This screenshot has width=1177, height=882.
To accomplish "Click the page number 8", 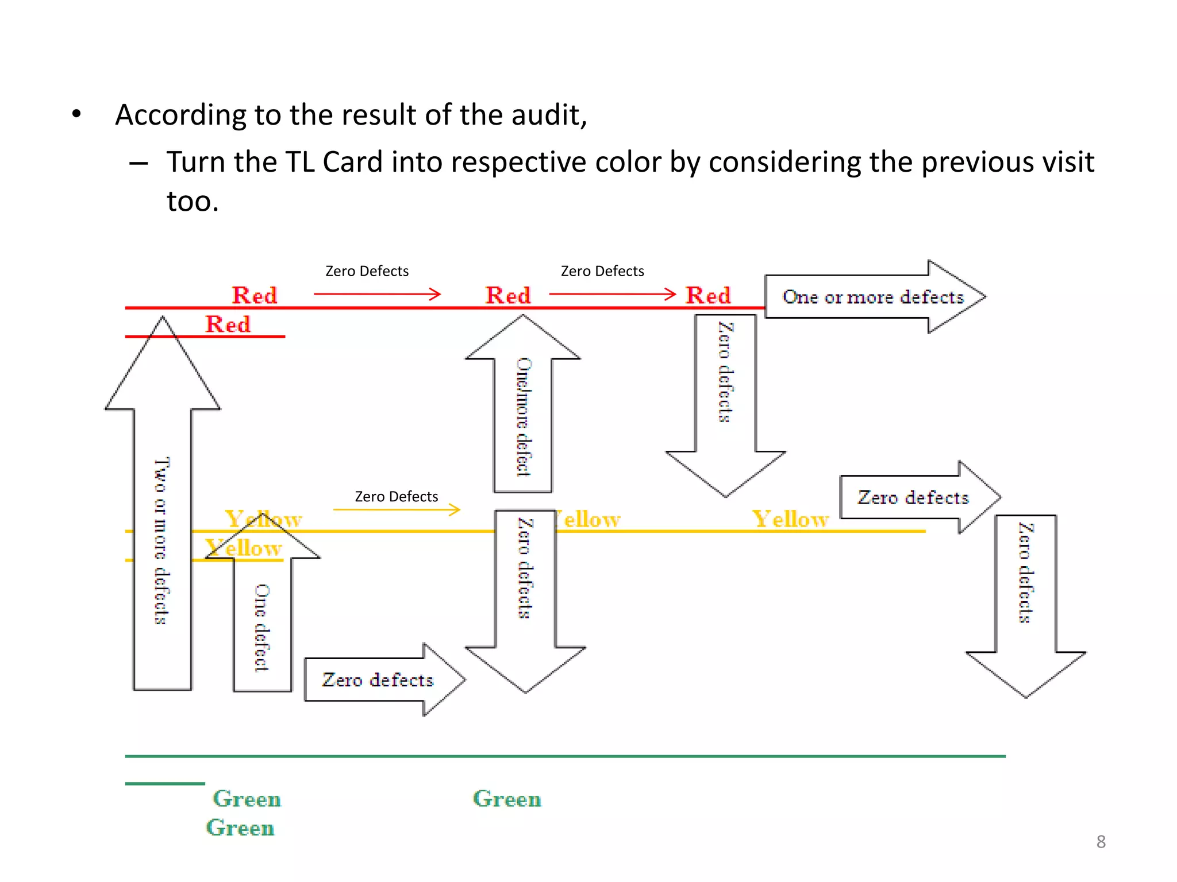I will (x=1101, y=841).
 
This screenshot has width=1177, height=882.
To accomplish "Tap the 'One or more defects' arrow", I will (x=874, y=297).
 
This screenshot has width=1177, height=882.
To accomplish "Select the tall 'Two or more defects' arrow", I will (x=163, y=517).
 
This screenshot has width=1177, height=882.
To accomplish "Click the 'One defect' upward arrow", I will (x=262, y=620).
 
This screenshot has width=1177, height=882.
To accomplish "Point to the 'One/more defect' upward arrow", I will (x=523, y=413).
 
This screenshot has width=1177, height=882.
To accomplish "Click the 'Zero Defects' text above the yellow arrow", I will (x=396, y=496).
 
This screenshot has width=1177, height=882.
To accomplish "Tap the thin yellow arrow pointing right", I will (x=397, y=509).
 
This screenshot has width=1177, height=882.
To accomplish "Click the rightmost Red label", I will (x=708, y=296).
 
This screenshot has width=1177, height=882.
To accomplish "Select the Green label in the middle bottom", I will (x=507, y=799).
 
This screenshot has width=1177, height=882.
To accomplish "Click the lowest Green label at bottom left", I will (x=240, y=827).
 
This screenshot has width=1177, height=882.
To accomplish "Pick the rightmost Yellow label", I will (x=791, y=519).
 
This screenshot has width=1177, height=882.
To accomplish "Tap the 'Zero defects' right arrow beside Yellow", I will (x=914, y=497).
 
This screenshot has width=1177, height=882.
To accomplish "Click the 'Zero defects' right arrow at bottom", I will (x=379, y=680).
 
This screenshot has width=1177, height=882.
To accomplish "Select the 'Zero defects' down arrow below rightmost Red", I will (x=725, y=396).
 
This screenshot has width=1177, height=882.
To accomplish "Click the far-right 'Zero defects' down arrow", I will (x=1026, y=597).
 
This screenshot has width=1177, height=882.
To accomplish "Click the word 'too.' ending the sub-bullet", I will (x=193, y=202).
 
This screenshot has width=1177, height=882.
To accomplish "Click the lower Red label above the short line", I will (x=228, y=324).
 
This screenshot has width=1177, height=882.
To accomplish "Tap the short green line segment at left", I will (x=165, y=783).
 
